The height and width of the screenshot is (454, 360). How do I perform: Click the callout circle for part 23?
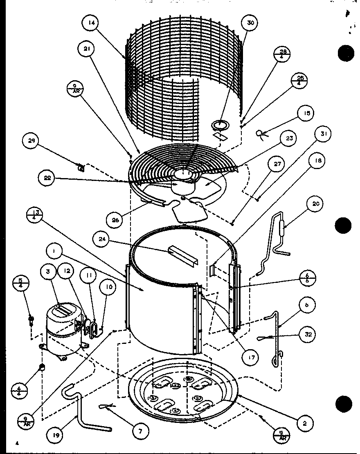290,138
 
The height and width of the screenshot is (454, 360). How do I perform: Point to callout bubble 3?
49,272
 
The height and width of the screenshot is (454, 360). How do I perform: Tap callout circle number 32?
308,334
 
